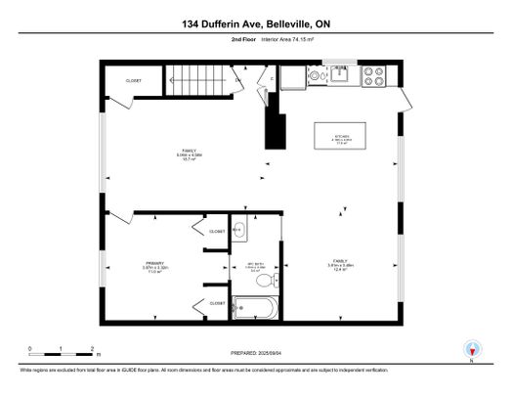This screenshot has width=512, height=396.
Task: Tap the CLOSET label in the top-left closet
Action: click(x=134, y=81)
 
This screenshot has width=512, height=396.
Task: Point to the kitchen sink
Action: click(x=341, y=72)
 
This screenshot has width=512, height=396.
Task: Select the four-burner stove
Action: click(x=373, y=75)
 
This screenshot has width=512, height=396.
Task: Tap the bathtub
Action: click(x=256, y=310)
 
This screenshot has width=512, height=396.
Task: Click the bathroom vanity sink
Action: click(x=240, y=232)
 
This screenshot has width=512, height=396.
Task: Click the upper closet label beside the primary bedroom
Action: click(x=217, y=232)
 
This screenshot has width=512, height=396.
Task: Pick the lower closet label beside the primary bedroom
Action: click(x=217, y=304)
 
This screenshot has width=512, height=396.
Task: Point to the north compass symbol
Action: click(x=473, y=349)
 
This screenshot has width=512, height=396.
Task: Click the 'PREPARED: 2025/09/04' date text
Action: click(x=255, y=356)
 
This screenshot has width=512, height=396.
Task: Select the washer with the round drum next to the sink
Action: click(x=314, y=74)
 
